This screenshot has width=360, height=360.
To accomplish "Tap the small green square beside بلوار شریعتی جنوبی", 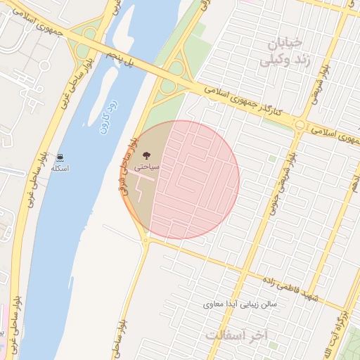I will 273,159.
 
